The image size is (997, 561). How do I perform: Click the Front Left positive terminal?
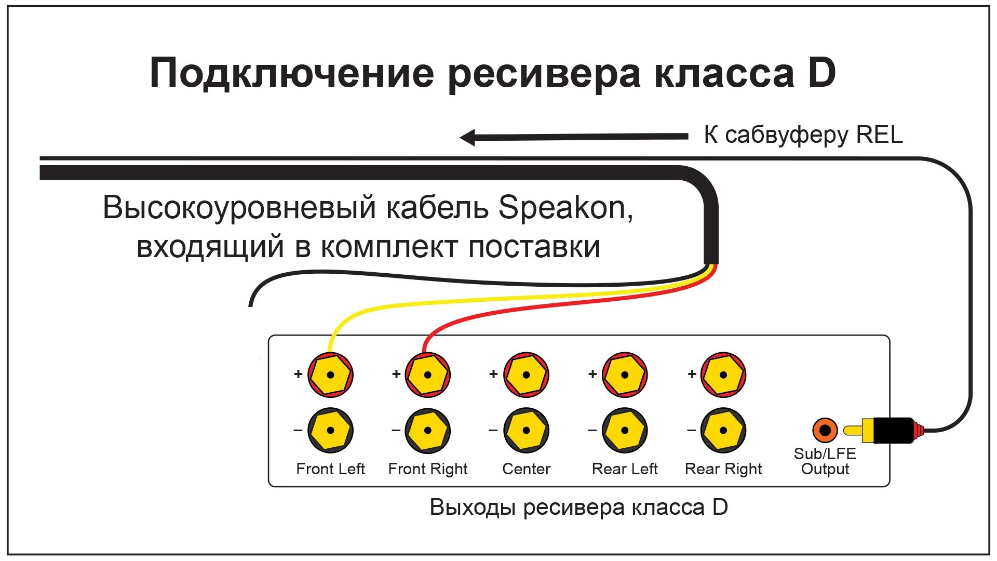330,375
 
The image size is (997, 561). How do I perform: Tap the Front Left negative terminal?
330,430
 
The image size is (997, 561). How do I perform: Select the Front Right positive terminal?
427,375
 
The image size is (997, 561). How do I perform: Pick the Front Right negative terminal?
427,430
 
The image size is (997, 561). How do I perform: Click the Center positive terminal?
526,375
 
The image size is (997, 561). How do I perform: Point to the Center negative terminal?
526,430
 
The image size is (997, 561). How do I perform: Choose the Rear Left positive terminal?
625,375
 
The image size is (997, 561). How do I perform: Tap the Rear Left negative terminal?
625,430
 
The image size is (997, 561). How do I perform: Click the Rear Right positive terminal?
723,375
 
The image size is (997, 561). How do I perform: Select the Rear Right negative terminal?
723,430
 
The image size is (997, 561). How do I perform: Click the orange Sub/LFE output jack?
825,430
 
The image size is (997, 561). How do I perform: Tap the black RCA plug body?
893,430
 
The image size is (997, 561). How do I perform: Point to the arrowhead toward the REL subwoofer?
468,138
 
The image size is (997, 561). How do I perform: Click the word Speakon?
565,208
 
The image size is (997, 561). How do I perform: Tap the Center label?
526,469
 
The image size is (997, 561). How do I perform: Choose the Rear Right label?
723,469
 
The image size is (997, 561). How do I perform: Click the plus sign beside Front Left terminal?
298,374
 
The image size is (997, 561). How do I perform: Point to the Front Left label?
330,469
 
